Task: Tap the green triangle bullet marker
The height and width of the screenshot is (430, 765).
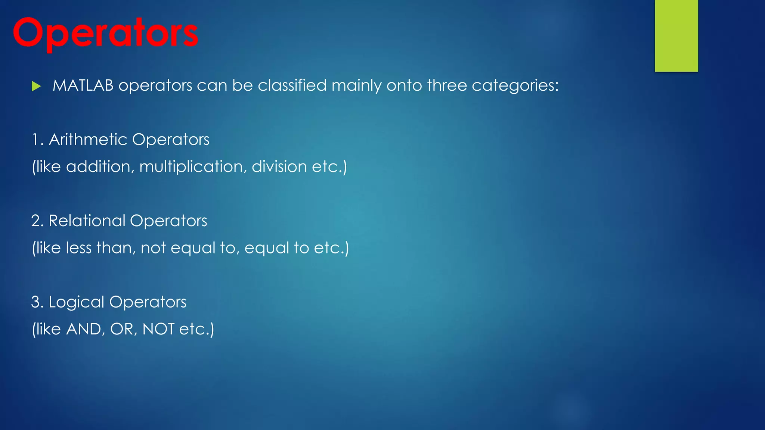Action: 36,86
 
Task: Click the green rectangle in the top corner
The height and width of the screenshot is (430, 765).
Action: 676,35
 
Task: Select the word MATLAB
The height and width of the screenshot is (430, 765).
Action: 83,85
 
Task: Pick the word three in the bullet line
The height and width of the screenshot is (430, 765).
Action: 447,85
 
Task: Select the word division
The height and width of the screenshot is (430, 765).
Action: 279,166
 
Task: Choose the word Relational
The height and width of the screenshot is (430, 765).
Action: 87,221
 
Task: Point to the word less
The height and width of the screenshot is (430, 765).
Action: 78,248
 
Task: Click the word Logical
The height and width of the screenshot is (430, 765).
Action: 76,302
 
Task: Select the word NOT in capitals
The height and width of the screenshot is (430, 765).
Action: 158,329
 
